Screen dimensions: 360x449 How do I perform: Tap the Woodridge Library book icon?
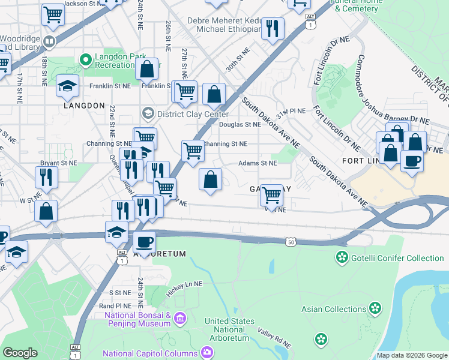click(49, 42)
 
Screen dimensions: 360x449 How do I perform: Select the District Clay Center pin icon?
click(148, 113)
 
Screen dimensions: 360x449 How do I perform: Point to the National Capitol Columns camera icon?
click(206, 352)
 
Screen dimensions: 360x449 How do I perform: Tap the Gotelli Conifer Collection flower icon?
click(342, 257)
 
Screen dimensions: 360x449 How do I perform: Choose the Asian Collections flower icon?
click(375, 309)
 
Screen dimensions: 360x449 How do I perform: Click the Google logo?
click(20, 353)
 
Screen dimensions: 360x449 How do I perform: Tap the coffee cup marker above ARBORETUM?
click(144, 242)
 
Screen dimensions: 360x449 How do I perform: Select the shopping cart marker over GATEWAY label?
click(272, 194)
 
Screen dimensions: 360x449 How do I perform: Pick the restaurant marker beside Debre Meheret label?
click(273, 28)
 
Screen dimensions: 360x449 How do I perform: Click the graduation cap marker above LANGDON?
click(67, 85)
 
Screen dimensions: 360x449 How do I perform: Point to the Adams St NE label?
click(258, 163)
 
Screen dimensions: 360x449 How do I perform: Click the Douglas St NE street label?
click(240, 125)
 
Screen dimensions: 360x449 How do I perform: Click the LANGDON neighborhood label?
click(84, 106)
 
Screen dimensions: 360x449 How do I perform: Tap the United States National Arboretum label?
click(229, 329)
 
